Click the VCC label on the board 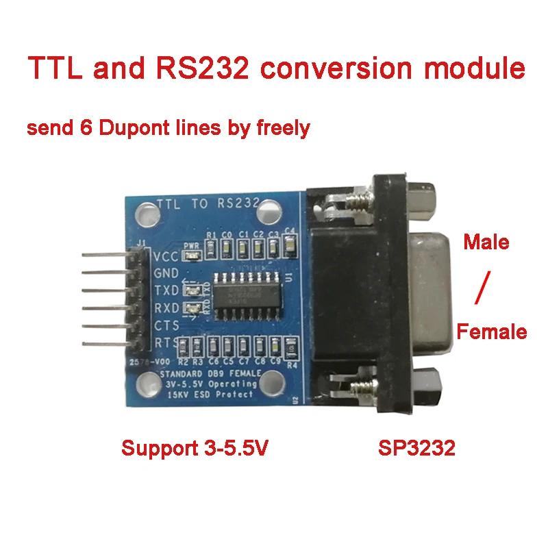click(165, 258)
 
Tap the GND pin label click(166, 273)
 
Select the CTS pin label click(166, 324)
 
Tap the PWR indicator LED click(192, 255)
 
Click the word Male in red click(486, 242)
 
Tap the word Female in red click(492, 333)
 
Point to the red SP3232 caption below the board click(416, 449)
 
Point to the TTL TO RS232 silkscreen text click(208, 203)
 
